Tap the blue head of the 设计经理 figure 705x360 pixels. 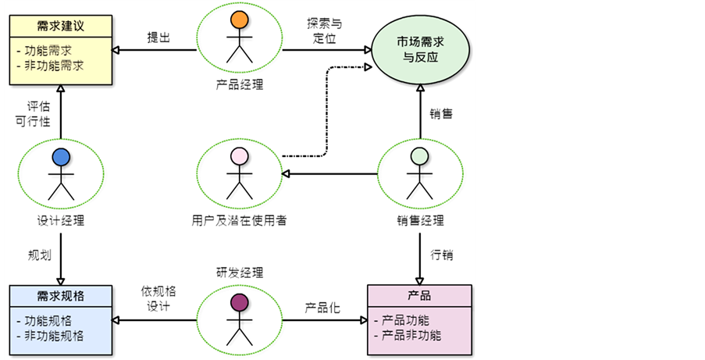tap(61, 156)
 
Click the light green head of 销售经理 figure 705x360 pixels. tap(420, 155)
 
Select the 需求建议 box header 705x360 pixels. tap(60, 26)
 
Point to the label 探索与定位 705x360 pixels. tap(323, 29)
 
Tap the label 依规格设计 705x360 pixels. tap(158, 298)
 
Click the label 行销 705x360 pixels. tap(442, 255)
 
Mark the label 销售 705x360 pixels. tap(442, 113)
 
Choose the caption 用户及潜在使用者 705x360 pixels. tap(239, 220)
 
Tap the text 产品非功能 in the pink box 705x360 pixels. tap(412, 336)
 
